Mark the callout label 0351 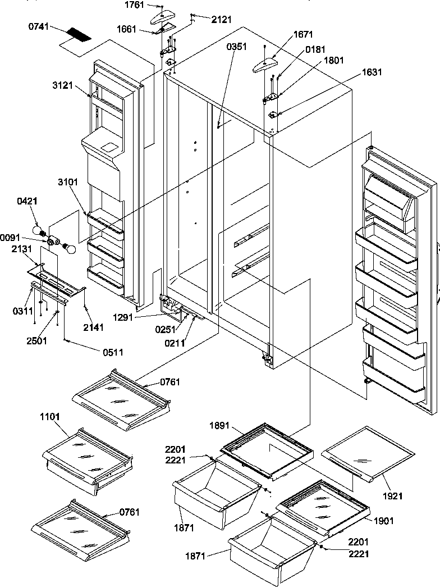(x=236, y=47)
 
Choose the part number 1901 (x=383, y=521)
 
